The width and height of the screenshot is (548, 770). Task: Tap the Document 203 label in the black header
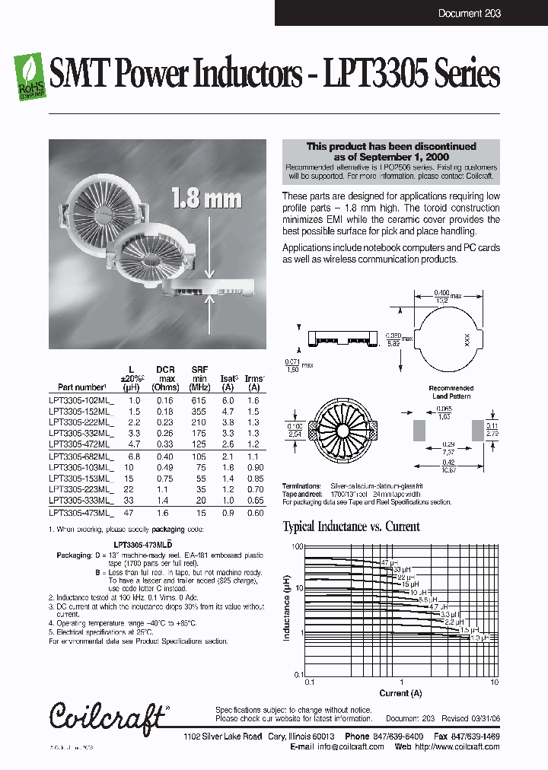470,14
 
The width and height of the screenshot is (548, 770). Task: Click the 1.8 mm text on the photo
206,199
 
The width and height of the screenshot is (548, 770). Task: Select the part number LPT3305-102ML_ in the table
81,399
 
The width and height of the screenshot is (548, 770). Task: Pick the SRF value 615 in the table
199,399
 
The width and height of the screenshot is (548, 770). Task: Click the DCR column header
165,371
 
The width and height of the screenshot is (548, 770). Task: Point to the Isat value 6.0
228,399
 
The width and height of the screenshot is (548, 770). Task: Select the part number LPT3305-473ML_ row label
81,514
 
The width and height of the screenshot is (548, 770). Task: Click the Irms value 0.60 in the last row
254,514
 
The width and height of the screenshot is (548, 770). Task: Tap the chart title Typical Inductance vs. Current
351,527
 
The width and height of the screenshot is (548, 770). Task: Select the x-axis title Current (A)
400,693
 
